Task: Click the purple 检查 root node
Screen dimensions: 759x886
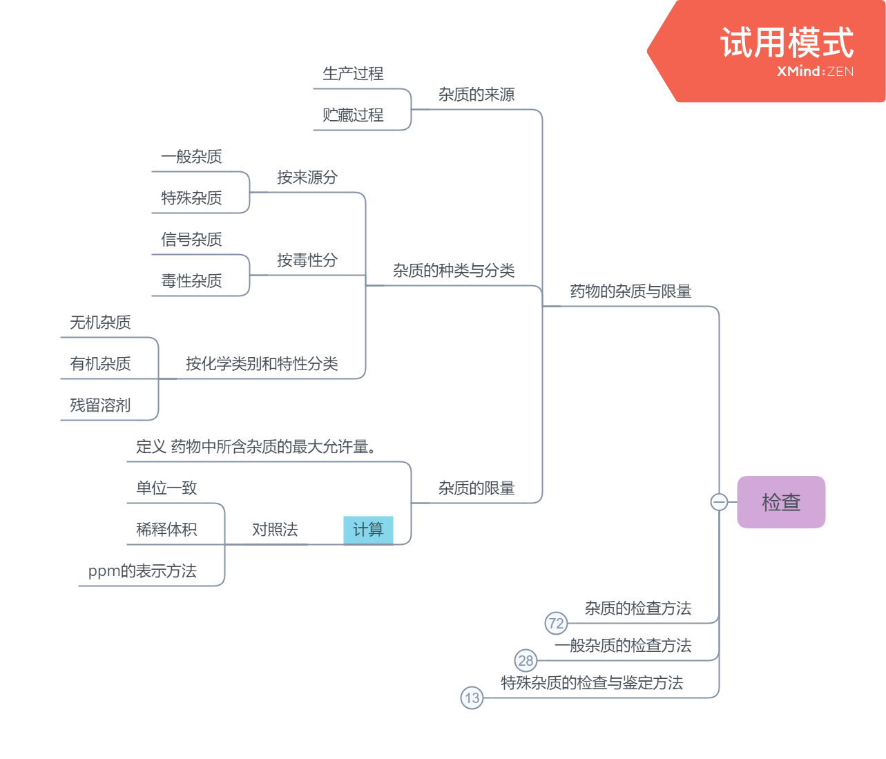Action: coord(781,502)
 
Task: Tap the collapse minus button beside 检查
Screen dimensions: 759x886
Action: coord(719,502)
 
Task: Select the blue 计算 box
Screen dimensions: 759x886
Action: coord(368,530)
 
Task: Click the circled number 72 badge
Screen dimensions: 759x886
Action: coord(556,624)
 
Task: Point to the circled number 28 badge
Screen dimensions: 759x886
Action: coord(526,661)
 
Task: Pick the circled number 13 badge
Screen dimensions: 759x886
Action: coord(472,698)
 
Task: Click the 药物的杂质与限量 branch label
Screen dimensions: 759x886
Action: coord(630,291)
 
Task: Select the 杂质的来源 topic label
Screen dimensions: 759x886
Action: coord(476,95)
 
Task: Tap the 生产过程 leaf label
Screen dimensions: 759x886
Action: coord(353,74)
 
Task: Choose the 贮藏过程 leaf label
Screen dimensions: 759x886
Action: coord(353,115)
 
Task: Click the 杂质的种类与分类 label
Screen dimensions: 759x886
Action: coord(454,271)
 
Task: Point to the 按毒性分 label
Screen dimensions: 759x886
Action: coord(307,260)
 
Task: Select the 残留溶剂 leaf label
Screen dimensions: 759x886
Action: coord(100,405)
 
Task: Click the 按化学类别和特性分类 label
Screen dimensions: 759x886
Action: coord(262,364)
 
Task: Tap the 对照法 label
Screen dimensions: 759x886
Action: coord(275,530)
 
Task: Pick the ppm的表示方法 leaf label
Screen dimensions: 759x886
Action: coord(142,571)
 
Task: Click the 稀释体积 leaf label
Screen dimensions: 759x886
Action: coord(166,530)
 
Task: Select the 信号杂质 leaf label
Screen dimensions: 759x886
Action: coord(191,240)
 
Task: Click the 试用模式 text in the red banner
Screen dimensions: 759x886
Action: coord(787,43)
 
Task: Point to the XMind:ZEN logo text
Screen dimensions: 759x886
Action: coord(815,71)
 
